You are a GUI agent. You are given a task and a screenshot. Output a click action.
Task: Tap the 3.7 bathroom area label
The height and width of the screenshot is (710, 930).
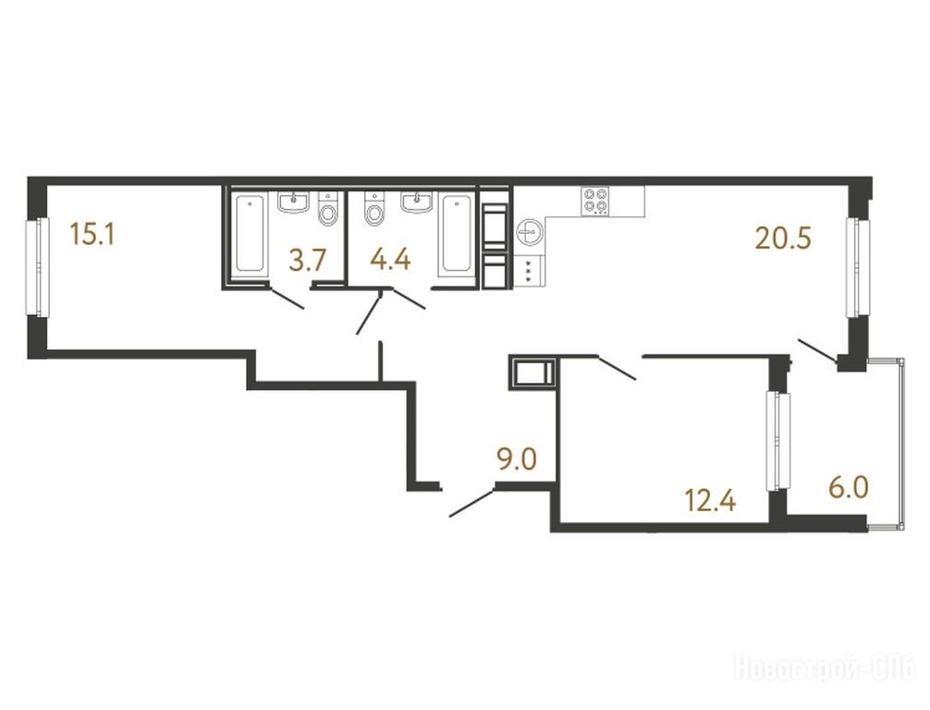tap(308, 261)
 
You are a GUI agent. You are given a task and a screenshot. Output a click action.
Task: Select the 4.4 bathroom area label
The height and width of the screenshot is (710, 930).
tap(390, 260)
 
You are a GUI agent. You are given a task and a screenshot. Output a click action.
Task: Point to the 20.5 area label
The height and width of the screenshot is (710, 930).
tap(783, 239)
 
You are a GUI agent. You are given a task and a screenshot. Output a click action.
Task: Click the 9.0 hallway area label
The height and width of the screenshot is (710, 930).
tap(517, 459)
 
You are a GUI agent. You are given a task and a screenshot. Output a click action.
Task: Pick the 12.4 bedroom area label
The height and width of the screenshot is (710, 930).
tap(711, 501)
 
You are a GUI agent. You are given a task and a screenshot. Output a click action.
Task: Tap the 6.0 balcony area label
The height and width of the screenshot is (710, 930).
tap(849, 488)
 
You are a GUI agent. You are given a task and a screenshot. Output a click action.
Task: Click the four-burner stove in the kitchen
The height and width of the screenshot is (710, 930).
tap(595, 201)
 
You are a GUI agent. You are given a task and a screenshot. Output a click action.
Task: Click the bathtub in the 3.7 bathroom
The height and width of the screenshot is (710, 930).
tap(250, 234)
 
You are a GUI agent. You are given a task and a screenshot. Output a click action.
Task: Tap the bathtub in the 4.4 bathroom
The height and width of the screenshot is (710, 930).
tap(457, 234)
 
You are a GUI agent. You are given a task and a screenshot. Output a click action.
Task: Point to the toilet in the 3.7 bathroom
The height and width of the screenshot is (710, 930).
tap(327, 208)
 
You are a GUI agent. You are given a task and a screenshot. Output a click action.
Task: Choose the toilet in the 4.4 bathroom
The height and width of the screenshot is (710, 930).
tap(374, 208)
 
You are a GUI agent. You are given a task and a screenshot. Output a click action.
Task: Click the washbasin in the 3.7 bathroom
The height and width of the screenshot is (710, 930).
tap(293, 202)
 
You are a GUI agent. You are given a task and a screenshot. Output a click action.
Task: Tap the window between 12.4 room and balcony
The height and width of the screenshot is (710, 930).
tap(778, 441)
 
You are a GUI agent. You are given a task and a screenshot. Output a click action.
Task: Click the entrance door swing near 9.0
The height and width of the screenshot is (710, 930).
tap(472, 502)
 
